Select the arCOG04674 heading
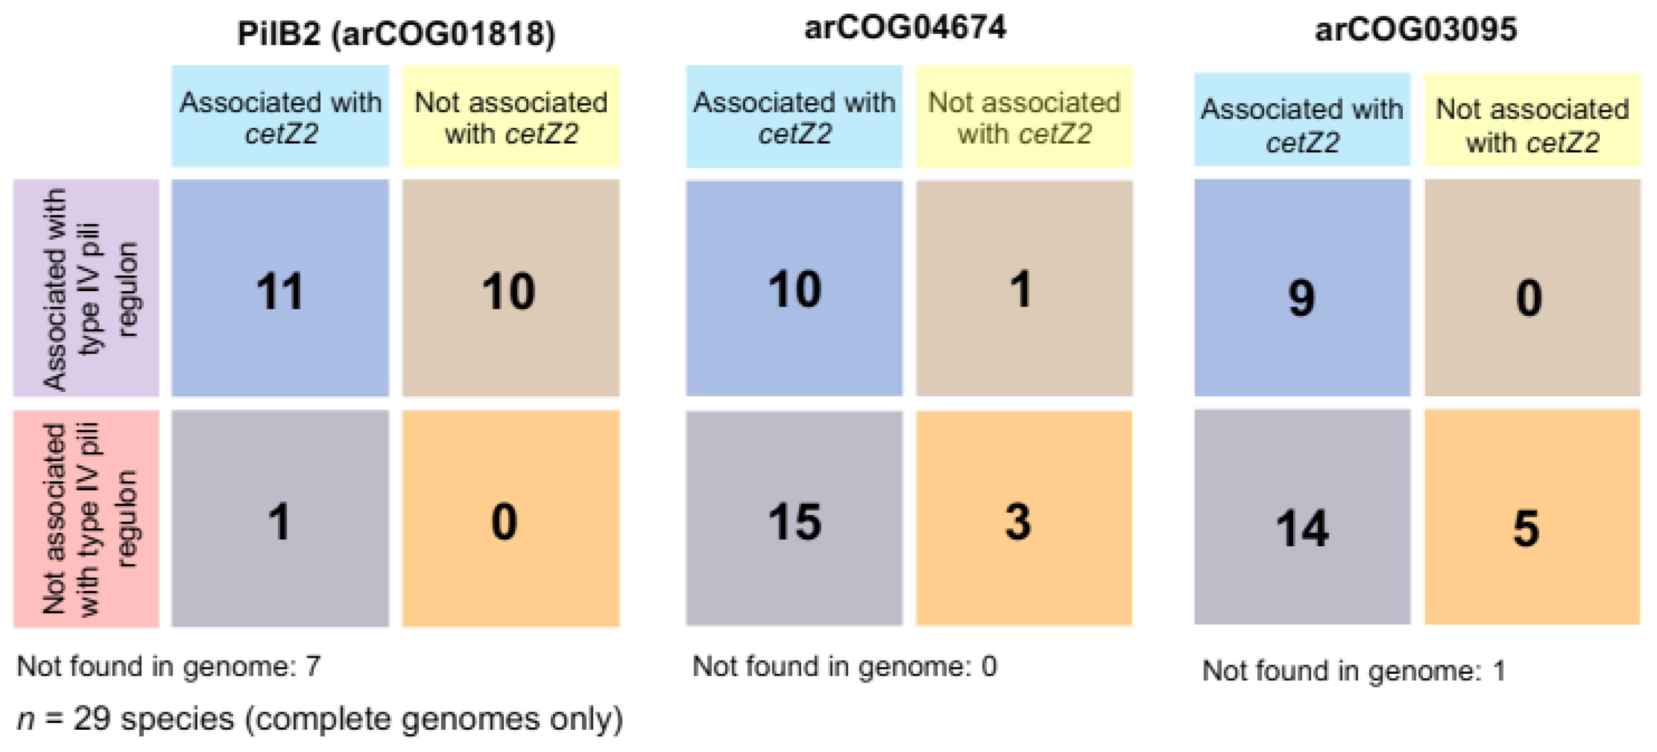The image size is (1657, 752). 904,28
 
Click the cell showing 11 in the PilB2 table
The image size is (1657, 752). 280,289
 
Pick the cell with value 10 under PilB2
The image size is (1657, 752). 510,289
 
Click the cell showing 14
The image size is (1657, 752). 1302,528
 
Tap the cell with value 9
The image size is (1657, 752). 1302,297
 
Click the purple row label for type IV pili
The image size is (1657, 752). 86,288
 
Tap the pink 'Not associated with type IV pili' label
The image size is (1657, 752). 86,519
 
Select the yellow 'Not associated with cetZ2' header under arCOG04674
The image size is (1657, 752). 1024,116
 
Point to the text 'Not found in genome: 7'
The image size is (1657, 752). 168,666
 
